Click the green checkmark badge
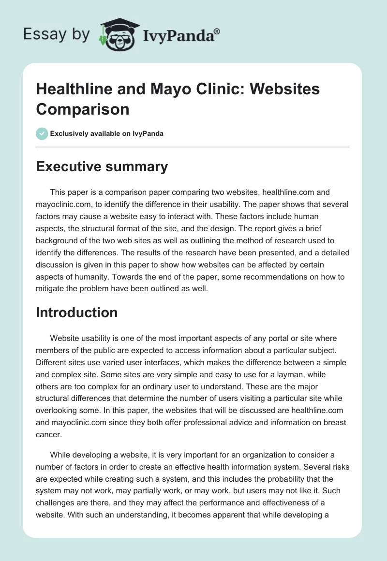click(42, 133)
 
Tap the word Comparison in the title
click(83, 109)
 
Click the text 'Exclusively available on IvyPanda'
click(107, 133)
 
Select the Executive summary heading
click(102, 167)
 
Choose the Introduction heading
click(77, 312)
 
